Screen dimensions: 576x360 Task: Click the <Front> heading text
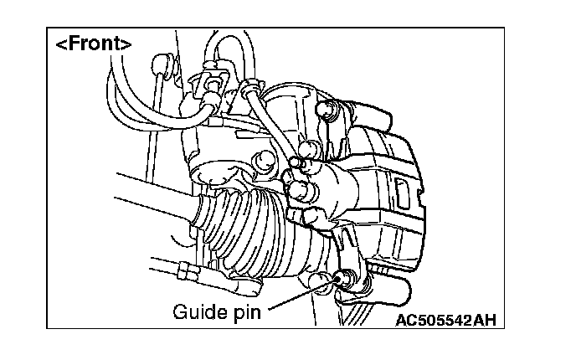point(93,44)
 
